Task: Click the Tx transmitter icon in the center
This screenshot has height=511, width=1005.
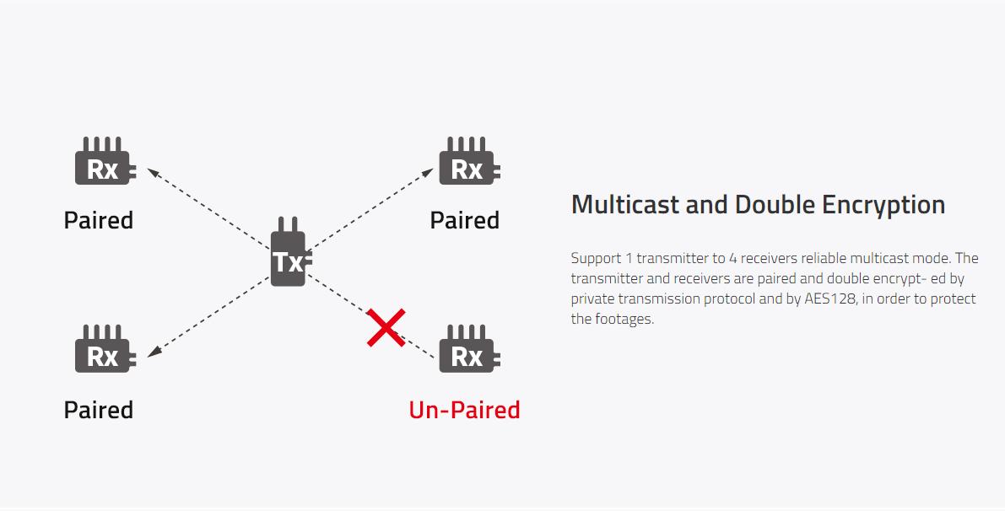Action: tap(290, 252)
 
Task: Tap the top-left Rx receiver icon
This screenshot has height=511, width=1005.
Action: tap(105, 161)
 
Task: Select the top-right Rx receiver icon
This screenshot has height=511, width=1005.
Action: tap(468, 161)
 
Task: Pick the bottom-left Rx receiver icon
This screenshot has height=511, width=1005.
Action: tap(105, 348)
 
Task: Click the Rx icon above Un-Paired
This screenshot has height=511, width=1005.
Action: tap(468, 348)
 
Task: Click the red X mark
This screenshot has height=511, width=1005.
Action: tap(386, 327)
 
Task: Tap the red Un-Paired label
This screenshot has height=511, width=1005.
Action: tap(464, 410)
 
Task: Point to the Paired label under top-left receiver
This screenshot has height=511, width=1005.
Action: tap(98, 220)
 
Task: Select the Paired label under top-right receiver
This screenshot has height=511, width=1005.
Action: tap(464, 220)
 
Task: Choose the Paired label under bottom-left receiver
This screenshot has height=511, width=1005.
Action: tap(98, 410)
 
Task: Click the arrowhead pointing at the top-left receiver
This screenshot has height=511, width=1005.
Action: tap(154, 172)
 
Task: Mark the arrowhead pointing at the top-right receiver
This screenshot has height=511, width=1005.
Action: tap(428, 172)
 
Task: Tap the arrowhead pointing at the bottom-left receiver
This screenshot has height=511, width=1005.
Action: tap(154, 352)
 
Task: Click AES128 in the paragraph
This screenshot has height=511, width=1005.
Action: tap(830, 299)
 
